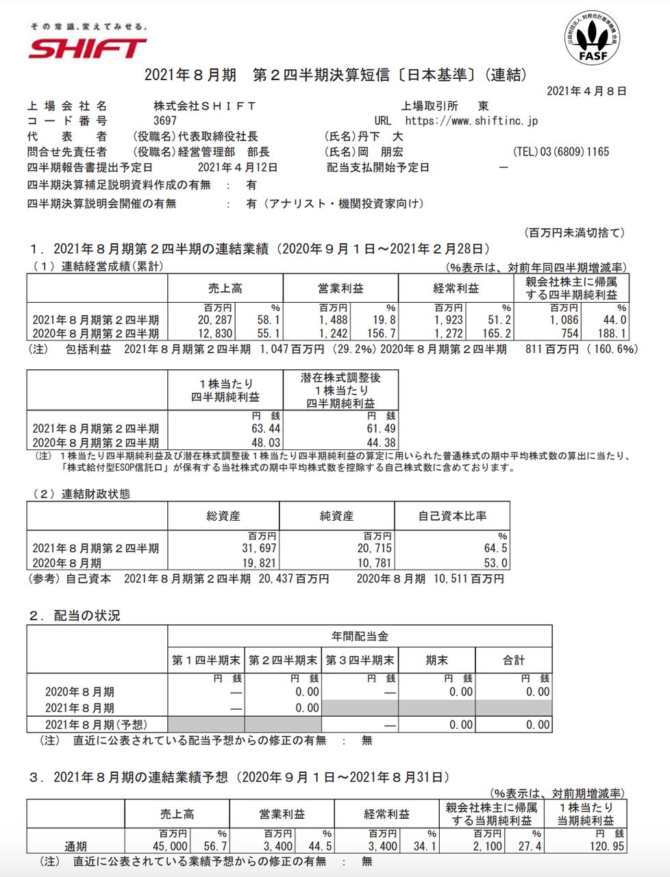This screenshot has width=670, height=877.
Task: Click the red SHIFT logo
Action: (88, 48)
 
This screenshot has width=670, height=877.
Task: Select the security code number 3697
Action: (165, 121)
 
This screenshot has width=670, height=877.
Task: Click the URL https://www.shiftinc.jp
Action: (471, 121)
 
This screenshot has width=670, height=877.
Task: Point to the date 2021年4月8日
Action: (586, 90)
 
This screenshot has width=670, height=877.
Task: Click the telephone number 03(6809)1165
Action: (561, 152)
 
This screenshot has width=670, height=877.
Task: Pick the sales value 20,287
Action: (215, 320)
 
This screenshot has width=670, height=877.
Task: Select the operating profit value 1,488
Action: (333, 320)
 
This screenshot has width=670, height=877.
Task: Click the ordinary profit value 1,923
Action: (448, 320)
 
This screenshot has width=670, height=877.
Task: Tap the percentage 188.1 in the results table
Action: (612, 334)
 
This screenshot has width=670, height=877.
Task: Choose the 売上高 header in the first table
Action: (225, 288)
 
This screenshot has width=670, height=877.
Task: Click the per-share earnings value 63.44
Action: (266, 429)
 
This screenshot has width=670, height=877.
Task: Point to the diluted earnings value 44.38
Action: (381, 443)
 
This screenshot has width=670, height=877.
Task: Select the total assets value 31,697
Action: (259, 548)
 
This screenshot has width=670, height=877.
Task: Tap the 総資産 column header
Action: (223, 516)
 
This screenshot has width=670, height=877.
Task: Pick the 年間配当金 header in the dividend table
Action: (360, 637)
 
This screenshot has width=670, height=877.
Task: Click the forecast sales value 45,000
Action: (169, 846)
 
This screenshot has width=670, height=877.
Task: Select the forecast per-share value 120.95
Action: (607, 846)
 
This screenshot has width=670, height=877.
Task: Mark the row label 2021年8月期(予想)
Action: (96, 724)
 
